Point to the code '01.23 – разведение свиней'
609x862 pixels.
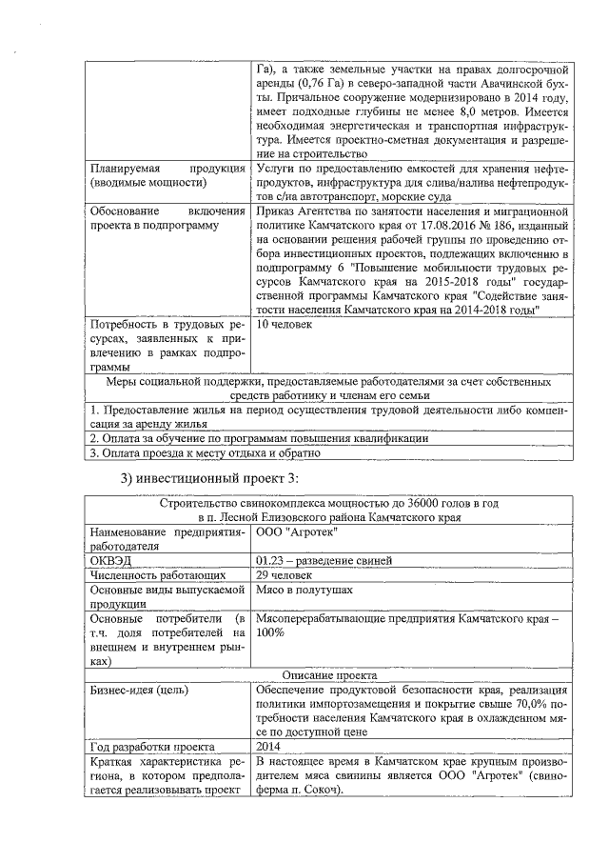click(324, 561)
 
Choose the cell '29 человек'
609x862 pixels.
click(284, 575)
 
